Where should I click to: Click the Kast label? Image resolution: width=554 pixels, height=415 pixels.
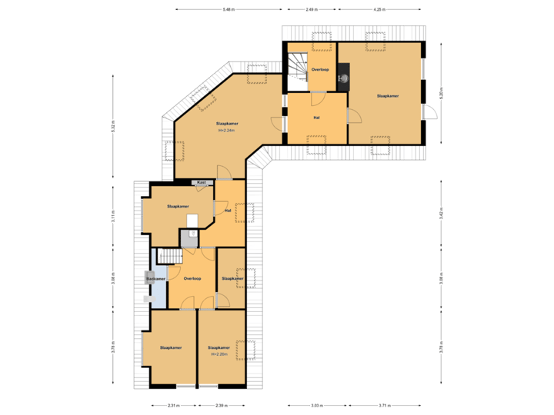pyautogui.click(x=202, y=182)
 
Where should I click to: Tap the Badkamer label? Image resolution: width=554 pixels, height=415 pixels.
pyautogui.click(x=156, y=279)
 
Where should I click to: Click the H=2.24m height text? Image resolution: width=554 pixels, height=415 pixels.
pyautogui.click(x=227, y=130)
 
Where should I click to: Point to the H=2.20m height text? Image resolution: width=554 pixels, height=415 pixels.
pyautogui.click(x=219, y=354)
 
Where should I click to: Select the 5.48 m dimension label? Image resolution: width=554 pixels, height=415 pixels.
pyautogui.click(x=229, y=10)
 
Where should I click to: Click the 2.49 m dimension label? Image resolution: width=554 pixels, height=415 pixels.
pyautogui.click(x=311, y=10)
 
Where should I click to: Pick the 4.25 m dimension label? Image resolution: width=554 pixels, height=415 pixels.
pyautogui.click(x=379, y=10)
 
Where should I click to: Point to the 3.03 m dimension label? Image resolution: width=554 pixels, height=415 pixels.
pyautogui.click(x=316, y=405)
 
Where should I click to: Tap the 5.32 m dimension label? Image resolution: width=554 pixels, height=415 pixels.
pyautogui.click(x=113, y=127)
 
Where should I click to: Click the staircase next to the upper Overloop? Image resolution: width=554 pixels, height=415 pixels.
pyautogui.click(x=298, y=67)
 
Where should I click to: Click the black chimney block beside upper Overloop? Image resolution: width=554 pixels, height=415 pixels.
pyautogui.click(x=343, y=77)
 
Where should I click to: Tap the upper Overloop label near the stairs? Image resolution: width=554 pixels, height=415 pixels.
pyautogui.click(x=320, y=70)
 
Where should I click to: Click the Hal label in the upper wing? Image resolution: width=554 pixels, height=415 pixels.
pyautogui.click(x=316, y=118)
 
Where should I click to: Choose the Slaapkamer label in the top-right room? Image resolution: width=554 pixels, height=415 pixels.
pyautogui.click(x=387, y=96)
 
